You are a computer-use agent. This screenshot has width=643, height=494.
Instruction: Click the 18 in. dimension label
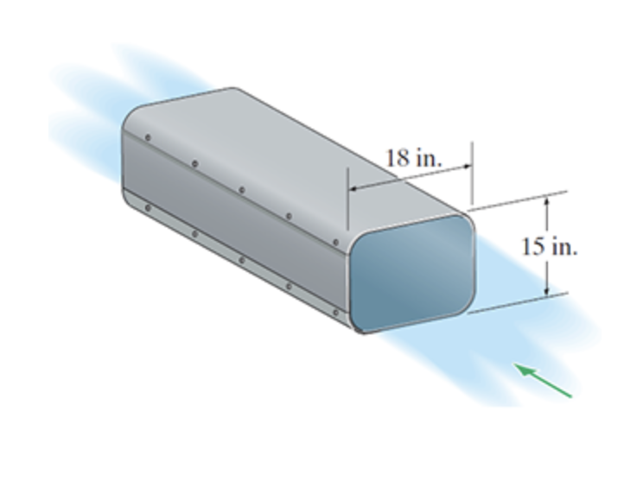coord(413,158)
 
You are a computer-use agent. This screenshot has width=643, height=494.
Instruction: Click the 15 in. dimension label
coord(549,246)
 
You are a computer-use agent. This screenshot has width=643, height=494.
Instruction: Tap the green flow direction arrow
coord(544,381)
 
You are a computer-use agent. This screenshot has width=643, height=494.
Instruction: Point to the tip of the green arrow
coord(518,365)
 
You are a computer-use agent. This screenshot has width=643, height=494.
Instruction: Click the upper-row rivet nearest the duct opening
coord(335,243)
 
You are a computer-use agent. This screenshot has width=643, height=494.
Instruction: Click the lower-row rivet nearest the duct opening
coord(335,312)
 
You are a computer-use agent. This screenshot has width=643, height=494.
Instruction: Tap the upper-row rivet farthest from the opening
coord(148,136)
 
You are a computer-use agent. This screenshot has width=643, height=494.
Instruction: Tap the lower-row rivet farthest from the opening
coord(148,207)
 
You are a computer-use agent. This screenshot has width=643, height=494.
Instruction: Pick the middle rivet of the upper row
coord(241,189)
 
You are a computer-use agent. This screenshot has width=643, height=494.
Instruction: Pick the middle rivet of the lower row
coord(241,259)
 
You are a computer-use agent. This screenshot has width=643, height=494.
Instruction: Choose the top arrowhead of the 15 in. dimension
coord(546,201)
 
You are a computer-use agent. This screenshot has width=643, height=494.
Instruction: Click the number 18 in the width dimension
coord(397,158)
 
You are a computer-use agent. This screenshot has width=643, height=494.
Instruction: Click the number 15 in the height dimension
coord(532,246)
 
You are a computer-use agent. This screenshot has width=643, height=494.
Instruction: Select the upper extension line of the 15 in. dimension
coord(519,199)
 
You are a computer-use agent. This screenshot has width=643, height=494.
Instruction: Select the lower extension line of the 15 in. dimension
coord(519,302)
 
